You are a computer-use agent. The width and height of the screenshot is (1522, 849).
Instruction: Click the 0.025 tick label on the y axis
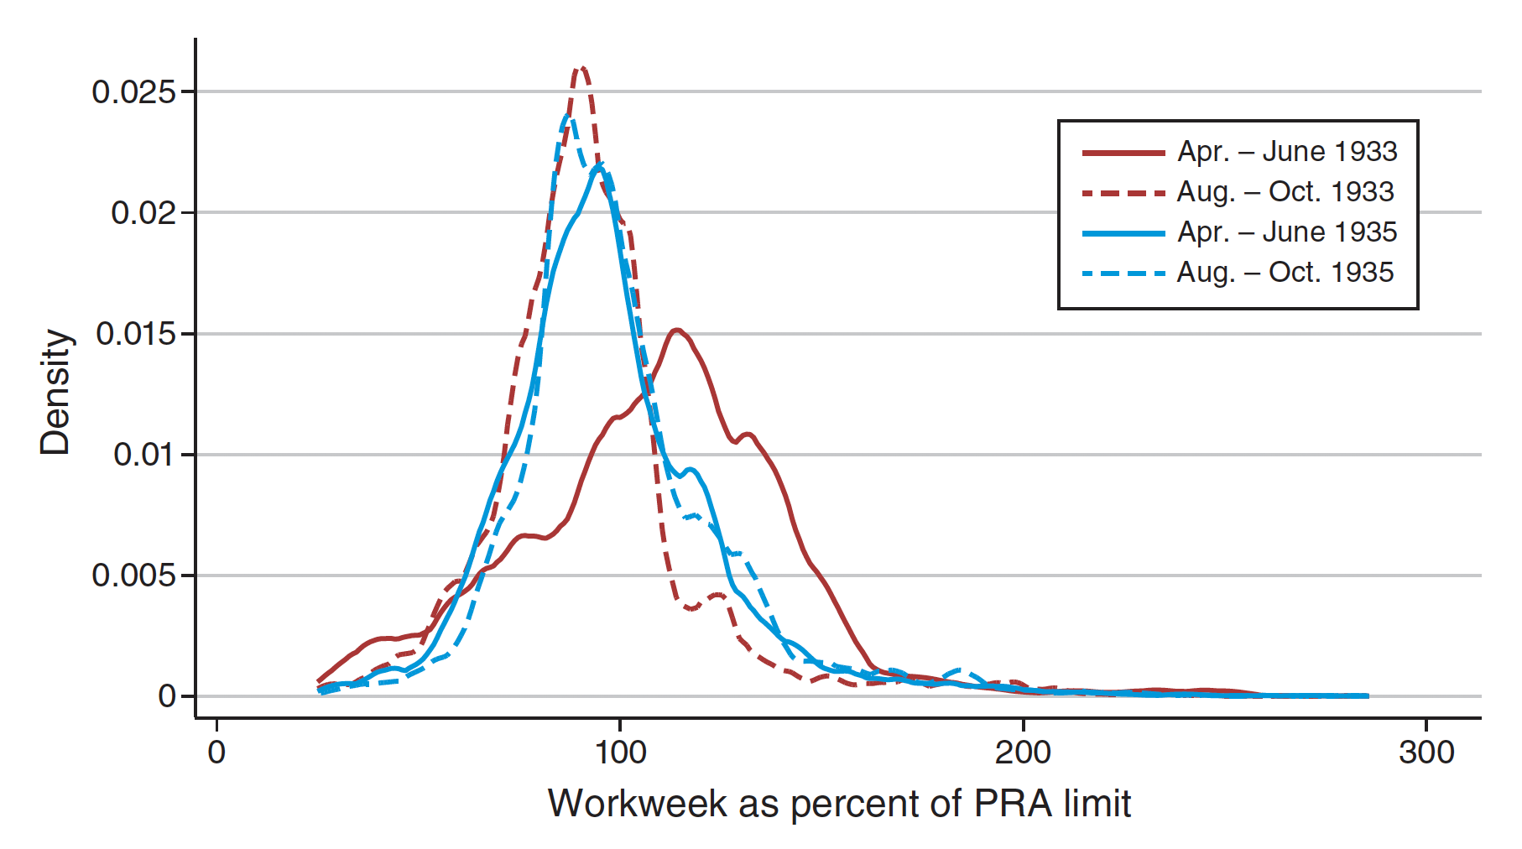(133, 91)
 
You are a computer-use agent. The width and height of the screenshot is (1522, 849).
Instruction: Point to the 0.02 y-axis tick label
(143, 213)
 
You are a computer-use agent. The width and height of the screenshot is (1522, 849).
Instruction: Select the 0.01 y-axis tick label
(143, 455)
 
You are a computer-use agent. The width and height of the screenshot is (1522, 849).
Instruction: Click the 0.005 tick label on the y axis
(133, 576)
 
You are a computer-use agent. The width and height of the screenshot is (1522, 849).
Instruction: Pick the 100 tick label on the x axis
(620, 752)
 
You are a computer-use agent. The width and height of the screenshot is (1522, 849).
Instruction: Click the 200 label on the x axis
(1023, 752)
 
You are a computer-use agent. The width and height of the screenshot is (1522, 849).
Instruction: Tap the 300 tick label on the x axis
(1426, 752)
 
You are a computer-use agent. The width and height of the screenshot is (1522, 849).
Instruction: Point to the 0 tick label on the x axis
(216, 752)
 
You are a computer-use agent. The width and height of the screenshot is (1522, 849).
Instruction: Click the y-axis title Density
(55, 392)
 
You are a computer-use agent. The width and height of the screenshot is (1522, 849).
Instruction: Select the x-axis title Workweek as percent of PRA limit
(839, 804)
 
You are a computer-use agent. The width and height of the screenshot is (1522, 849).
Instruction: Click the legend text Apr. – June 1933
(1287, 152)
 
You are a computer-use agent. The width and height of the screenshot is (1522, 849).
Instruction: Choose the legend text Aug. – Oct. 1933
(1285, 192)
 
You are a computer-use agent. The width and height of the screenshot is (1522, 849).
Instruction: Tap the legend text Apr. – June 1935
(1287, 232)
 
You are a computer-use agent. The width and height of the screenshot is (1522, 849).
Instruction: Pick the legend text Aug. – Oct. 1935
(1285, 273)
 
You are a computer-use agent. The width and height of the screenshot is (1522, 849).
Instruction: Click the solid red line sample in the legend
(1123, 153)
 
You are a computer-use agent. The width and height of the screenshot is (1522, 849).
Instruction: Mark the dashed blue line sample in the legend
(1123, 273)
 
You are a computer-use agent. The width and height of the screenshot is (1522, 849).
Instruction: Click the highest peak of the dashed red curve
(581, 68)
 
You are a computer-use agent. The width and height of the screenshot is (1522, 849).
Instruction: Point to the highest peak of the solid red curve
(677, 331)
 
